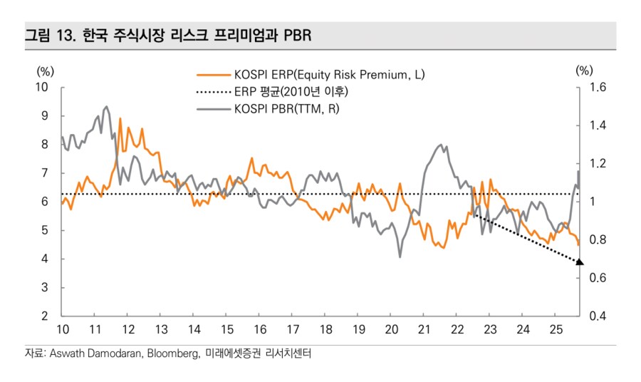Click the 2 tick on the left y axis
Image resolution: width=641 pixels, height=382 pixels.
[x=44, y=316]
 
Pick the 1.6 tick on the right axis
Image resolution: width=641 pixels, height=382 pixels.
[x=597, y=87]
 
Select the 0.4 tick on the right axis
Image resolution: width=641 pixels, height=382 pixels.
[x=597, y=316]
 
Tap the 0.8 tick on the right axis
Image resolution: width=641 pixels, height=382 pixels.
[x=597, y=239]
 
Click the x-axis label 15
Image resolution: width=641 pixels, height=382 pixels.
[x=227, y=329]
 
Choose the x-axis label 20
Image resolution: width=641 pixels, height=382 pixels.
[x=391, y=329]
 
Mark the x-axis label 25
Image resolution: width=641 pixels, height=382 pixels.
[x=556, y=329]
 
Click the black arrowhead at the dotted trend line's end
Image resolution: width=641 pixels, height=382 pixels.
[x=579, y=262]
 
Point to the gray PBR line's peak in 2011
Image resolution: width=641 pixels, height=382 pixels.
[x=106, y=107]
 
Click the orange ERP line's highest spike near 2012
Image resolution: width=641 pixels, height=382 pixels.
[x=120, y=119]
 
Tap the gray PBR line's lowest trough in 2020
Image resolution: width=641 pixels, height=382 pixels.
[x=400, y=257]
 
